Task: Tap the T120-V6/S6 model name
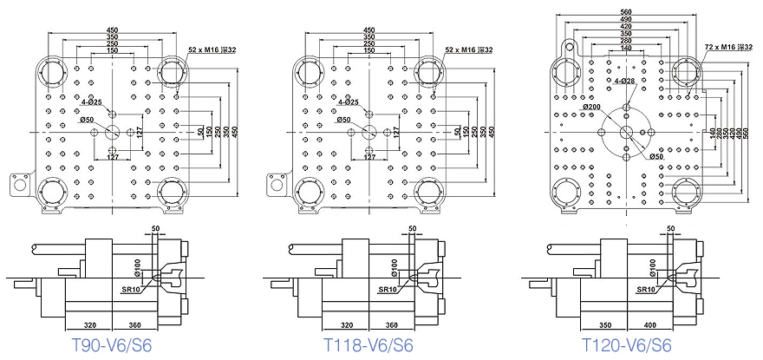click(626, 345)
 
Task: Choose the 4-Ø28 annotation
click(624, 80)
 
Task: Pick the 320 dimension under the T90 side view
click(90, 320)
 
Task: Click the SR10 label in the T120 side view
click(645, 290)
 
